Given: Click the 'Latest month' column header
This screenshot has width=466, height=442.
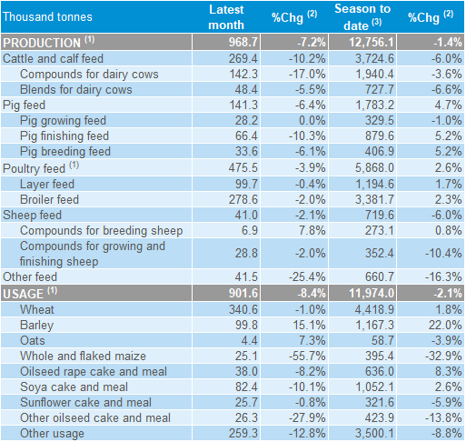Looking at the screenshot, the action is (226, 17).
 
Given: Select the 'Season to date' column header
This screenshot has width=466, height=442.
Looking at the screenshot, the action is (362, 17).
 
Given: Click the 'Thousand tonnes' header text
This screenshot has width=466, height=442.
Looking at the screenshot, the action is (47, 16).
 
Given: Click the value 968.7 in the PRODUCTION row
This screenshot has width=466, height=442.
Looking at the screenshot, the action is (243, 42).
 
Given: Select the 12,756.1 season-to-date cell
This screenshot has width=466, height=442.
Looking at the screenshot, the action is (372, 42).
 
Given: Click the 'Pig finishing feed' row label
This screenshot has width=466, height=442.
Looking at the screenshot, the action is (64, 136).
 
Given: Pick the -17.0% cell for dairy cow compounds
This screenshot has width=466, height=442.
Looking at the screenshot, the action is (307, 74).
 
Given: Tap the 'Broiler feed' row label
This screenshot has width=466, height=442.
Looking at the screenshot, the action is (49, 199).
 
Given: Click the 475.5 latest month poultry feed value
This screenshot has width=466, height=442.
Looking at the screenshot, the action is (243, 167).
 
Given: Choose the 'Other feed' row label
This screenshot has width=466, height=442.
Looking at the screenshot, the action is (30, 276).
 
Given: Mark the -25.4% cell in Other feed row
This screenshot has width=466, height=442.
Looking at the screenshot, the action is (307, 276).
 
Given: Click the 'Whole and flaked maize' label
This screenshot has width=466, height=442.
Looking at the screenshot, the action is (83, 356).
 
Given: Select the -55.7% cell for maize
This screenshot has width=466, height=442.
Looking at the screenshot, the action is (307, 356).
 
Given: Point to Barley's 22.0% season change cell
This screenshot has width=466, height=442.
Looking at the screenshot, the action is (445, 325).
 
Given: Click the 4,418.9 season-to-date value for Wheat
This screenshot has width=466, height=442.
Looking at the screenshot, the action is (374, 309).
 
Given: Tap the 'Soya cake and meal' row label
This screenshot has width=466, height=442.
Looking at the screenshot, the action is (74, 387).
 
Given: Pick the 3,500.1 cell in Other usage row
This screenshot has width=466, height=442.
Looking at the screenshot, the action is (374, 433).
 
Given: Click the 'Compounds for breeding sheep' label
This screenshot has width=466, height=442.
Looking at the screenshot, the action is (102, 231).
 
